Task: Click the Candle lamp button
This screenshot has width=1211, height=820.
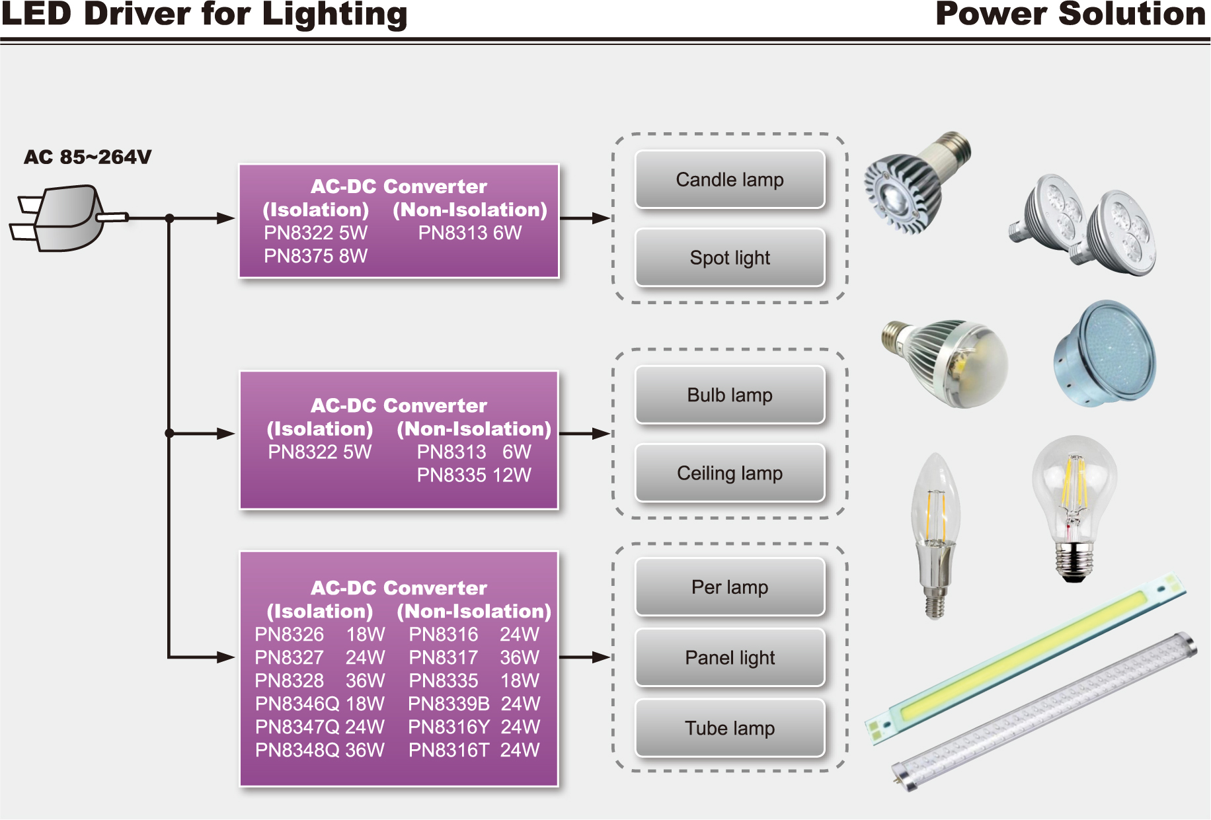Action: (729, 180)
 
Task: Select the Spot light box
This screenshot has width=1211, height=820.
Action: (729, 258)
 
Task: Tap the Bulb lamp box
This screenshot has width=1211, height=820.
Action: (729, 395)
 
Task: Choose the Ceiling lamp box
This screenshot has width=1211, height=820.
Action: (729, 473)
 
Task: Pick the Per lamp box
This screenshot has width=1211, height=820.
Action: (729, 587)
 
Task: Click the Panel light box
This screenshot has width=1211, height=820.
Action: (729, 658)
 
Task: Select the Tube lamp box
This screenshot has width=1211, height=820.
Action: (729, 728)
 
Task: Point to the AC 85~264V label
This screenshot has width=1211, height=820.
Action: (87, 157)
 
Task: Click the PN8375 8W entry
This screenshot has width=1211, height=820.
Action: (315, 256)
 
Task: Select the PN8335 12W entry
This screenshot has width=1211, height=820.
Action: (474, 475)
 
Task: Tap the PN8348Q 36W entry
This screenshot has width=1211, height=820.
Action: (319, 750)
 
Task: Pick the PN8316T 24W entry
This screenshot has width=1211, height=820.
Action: (474, 750)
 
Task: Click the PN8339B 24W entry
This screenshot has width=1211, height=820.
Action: (474, 704)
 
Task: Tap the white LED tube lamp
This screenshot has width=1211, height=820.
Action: (1044, 711)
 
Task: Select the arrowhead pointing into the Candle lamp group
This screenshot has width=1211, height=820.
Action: (600, 218)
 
